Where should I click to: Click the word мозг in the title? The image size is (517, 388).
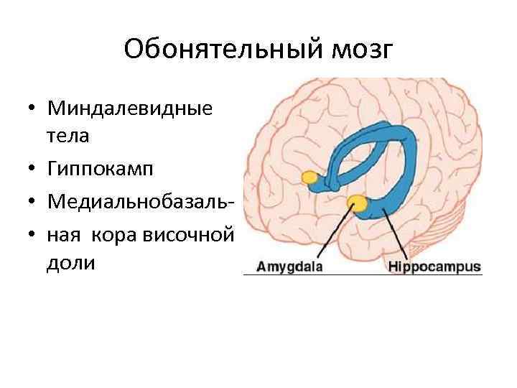click(x=367, y=50)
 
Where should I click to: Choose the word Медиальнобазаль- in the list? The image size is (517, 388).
click(x=139, y=200)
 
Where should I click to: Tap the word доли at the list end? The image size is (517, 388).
click(x=70, y=263)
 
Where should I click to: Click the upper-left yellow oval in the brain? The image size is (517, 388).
click(x=311, y=177)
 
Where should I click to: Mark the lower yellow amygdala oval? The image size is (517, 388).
click(x=355, y=203)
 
